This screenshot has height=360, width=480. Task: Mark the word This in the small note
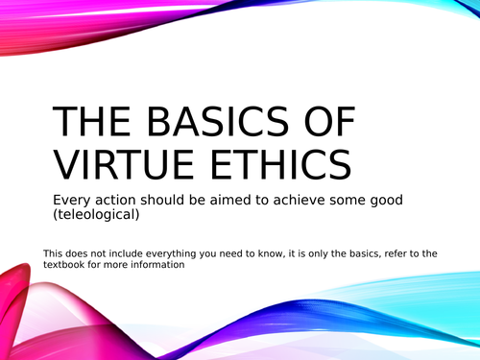[x=55, y=253]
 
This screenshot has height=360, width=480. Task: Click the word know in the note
[x=281, y=253]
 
